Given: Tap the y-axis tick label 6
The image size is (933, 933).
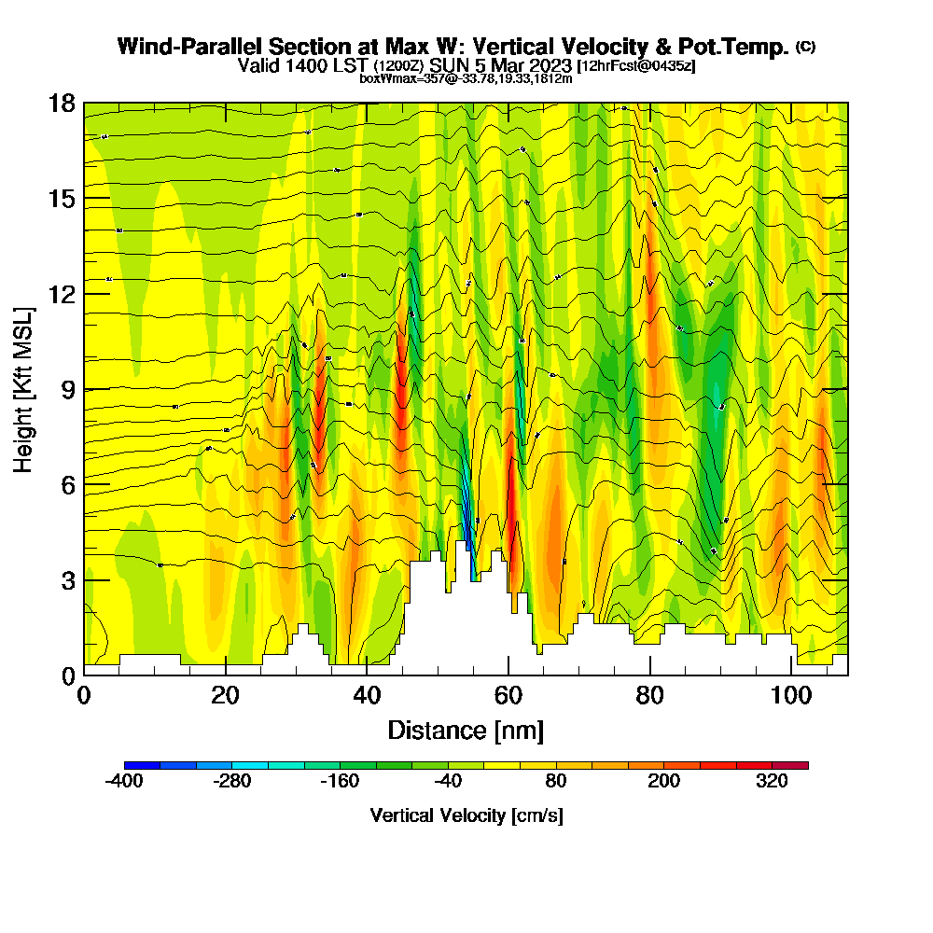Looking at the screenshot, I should [67, 484].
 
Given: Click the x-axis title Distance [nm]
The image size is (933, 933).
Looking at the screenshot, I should [466, 730].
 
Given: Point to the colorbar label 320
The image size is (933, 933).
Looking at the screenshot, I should [773, 783].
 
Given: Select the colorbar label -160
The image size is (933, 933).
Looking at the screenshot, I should [340, 783].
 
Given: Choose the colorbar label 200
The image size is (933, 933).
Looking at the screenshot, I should [664, 783].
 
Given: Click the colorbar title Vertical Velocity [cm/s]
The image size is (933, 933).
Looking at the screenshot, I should [466, 815].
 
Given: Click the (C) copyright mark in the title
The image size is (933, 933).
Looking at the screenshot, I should [805, 47].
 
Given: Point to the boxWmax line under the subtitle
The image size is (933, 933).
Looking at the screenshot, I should [466, 78].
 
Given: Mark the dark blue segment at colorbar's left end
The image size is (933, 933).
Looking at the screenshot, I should [142, 765].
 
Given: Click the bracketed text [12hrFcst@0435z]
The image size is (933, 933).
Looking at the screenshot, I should [635, 66].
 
